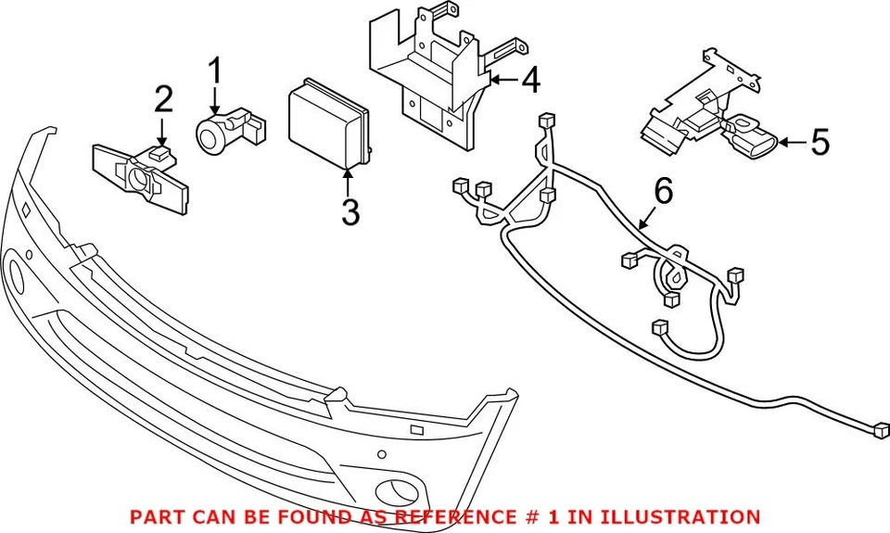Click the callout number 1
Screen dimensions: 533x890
(215, 70)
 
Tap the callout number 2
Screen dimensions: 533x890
(163, 98)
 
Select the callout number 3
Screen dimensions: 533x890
(350, 212)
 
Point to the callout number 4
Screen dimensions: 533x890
(529, 81)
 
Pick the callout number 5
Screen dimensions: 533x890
(820, 143)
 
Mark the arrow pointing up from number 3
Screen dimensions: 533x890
(349, 181)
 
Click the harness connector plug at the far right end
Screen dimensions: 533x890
(881, 429)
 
